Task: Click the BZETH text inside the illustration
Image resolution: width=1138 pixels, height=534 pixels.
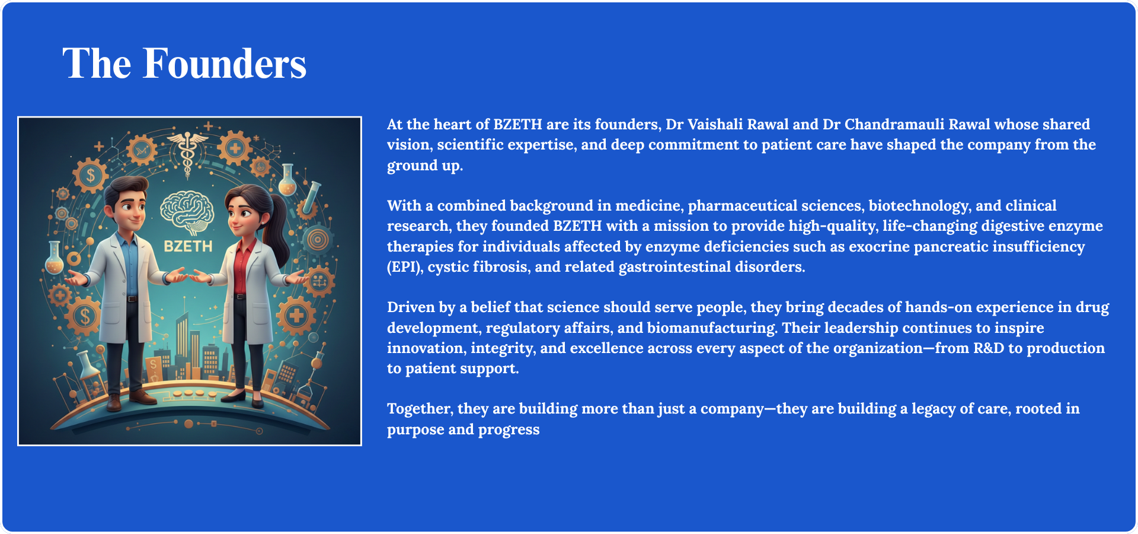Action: point(188,246)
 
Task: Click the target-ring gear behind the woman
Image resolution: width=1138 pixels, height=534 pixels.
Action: point(318,239)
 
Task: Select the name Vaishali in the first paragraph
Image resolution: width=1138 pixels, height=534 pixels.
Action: point(715,125)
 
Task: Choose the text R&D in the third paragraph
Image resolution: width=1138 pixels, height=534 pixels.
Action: point(989,348)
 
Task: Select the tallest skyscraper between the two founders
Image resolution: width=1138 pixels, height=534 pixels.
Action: point(182,344)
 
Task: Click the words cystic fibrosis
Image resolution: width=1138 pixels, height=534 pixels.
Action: point(477,267)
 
